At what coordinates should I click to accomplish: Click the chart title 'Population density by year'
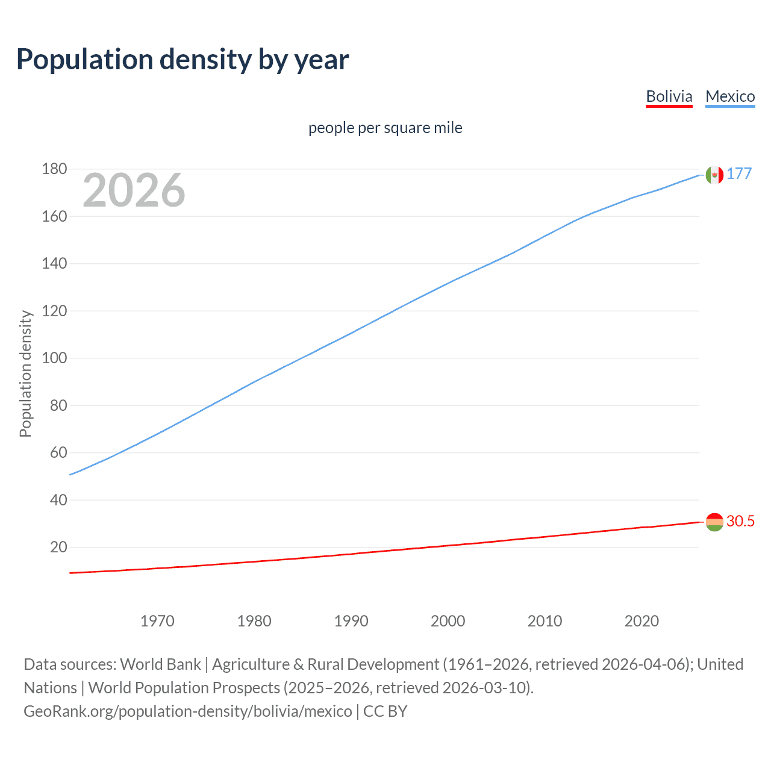(x=183, y=60)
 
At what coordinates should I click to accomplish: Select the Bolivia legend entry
(x=669, y=96)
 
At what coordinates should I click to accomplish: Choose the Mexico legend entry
(x=730, y=96)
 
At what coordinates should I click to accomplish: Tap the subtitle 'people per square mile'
(x=385, y=128)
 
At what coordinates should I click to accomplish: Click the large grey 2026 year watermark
(x=134, y=190)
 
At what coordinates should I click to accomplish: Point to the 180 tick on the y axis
(x=54, y=169)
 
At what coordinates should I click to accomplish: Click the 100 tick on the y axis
(x=54, y=358)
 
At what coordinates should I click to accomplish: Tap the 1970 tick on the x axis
(x=157, y=621)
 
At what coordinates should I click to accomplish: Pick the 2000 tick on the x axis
(x=448, y=621)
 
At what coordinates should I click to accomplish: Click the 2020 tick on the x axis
(x=641, y=621)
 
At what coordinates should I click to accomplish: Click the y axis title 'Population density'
(x=25, y=373)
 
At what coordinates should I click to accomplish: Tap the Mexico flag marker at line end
(x=714, y=175)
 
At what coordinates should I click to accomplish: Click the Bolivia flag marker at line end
(x=714, y=522)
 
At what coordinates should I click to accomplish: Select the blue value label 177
(x=739, y=173)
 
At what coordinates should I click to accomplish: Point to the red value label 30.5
(x=740, y=521)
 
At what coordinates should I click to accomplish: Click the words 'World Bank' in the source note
(x=160, y=664)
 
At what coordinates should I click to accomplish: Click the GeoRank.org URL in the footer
(x=188, y=711)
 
